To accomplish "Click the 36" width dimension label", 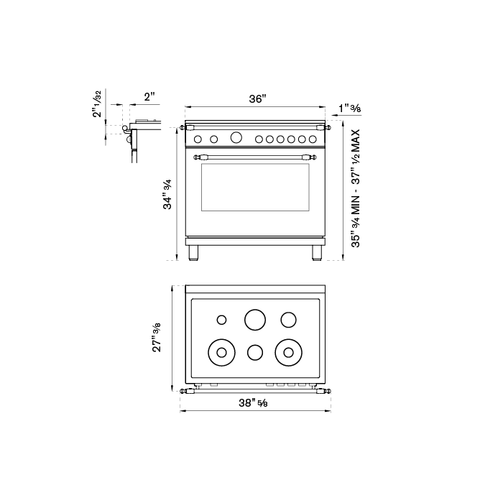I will pos(258,99).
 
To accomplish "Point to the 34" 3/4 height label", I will pos(168,194).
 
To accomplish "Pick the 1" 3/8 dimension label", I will pos(349,109).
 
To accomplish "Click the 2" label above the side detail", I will pos(149,96).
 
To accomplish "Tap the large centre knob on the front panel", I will pos(236,138).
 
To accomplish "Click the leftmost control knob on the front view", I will pos(200,139).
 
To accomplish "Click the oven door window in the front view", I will pos(255,187).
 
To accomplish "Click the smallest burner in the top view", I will pos(222,319).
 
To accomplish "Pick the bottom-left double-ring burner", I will pos(221,352).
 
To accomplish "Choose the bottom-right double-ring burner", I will pos(289,352).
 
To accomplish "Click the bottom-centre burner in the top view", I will pos(255,352).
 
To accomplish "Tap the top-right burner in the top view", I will pos(289,318).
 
